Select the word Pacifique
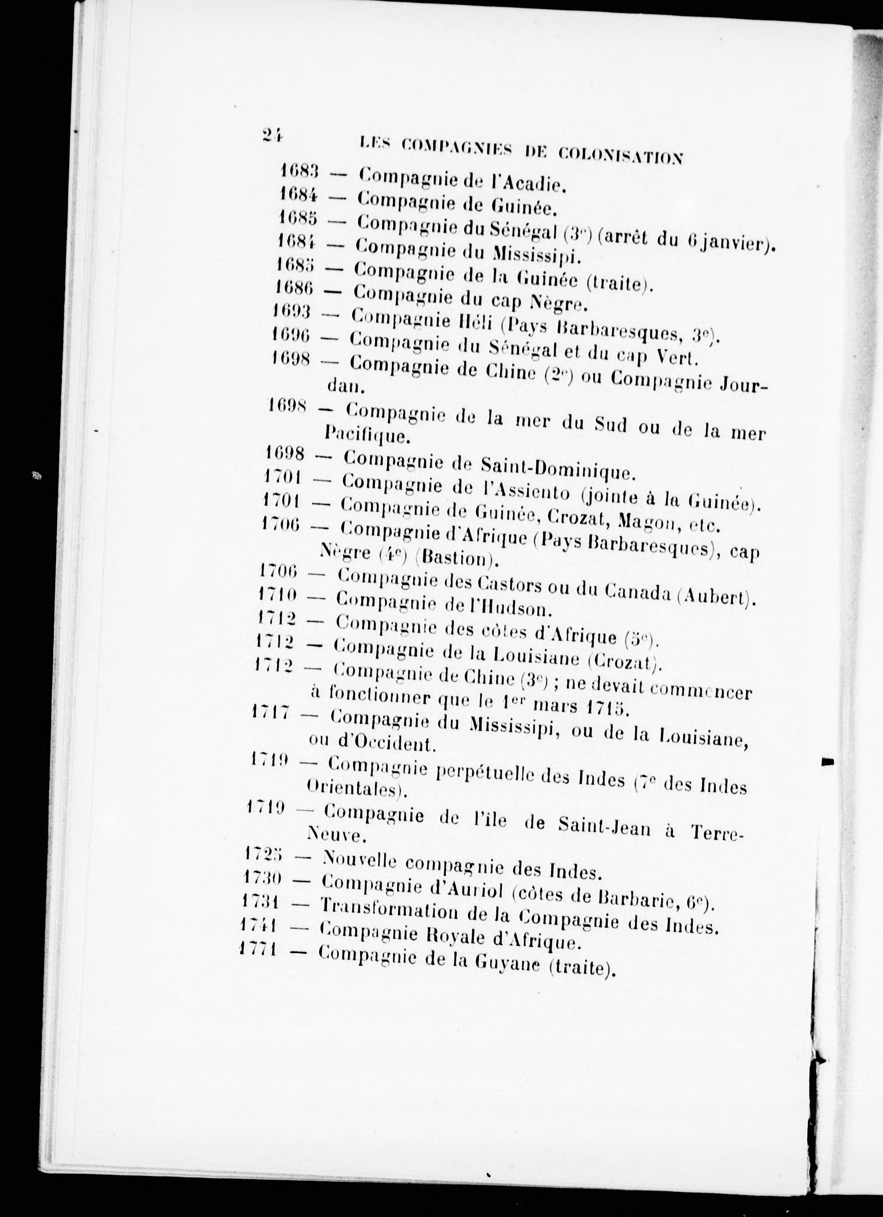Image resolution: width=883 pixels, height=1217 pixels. coord(368,434)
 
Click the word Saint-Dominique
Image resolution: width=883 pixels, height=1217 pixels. coord(557,469)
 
